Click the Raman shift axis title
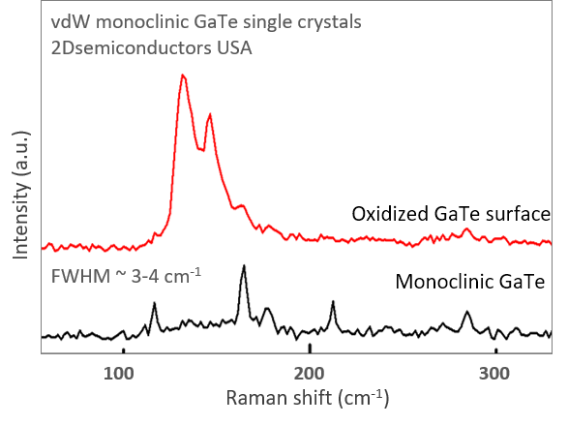tap(308, 398)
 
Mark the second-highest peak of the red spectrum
tap(209, 114)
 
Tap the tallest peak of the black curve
tap(244, 265)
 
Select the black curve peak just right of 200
tap(333, 301)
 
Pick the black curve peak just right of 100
tap(154, 303)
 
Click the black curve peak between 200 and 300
tap(467, 312)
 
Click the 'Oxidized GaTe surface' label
tap(451, 213)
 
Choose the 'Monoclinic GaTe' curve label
tap(472, 283)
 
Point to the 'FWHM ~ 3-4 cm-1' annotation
tap(126, 275)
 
